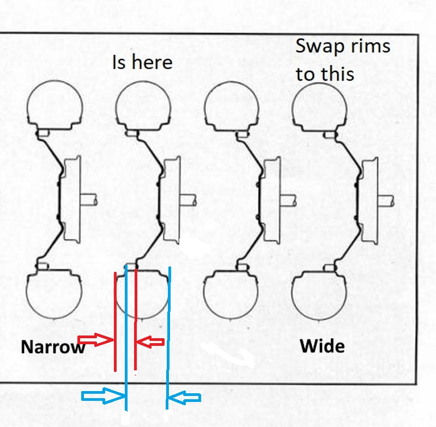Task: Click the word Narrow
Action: point(53,347)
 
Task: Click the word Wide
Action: point(322,345)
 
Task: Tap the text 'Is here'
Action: point(142,62)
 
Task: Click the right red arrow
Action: point(150,341)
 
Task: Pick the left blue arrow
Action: point(102,398)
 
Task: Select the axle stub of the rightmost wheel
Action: point(387,200)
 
